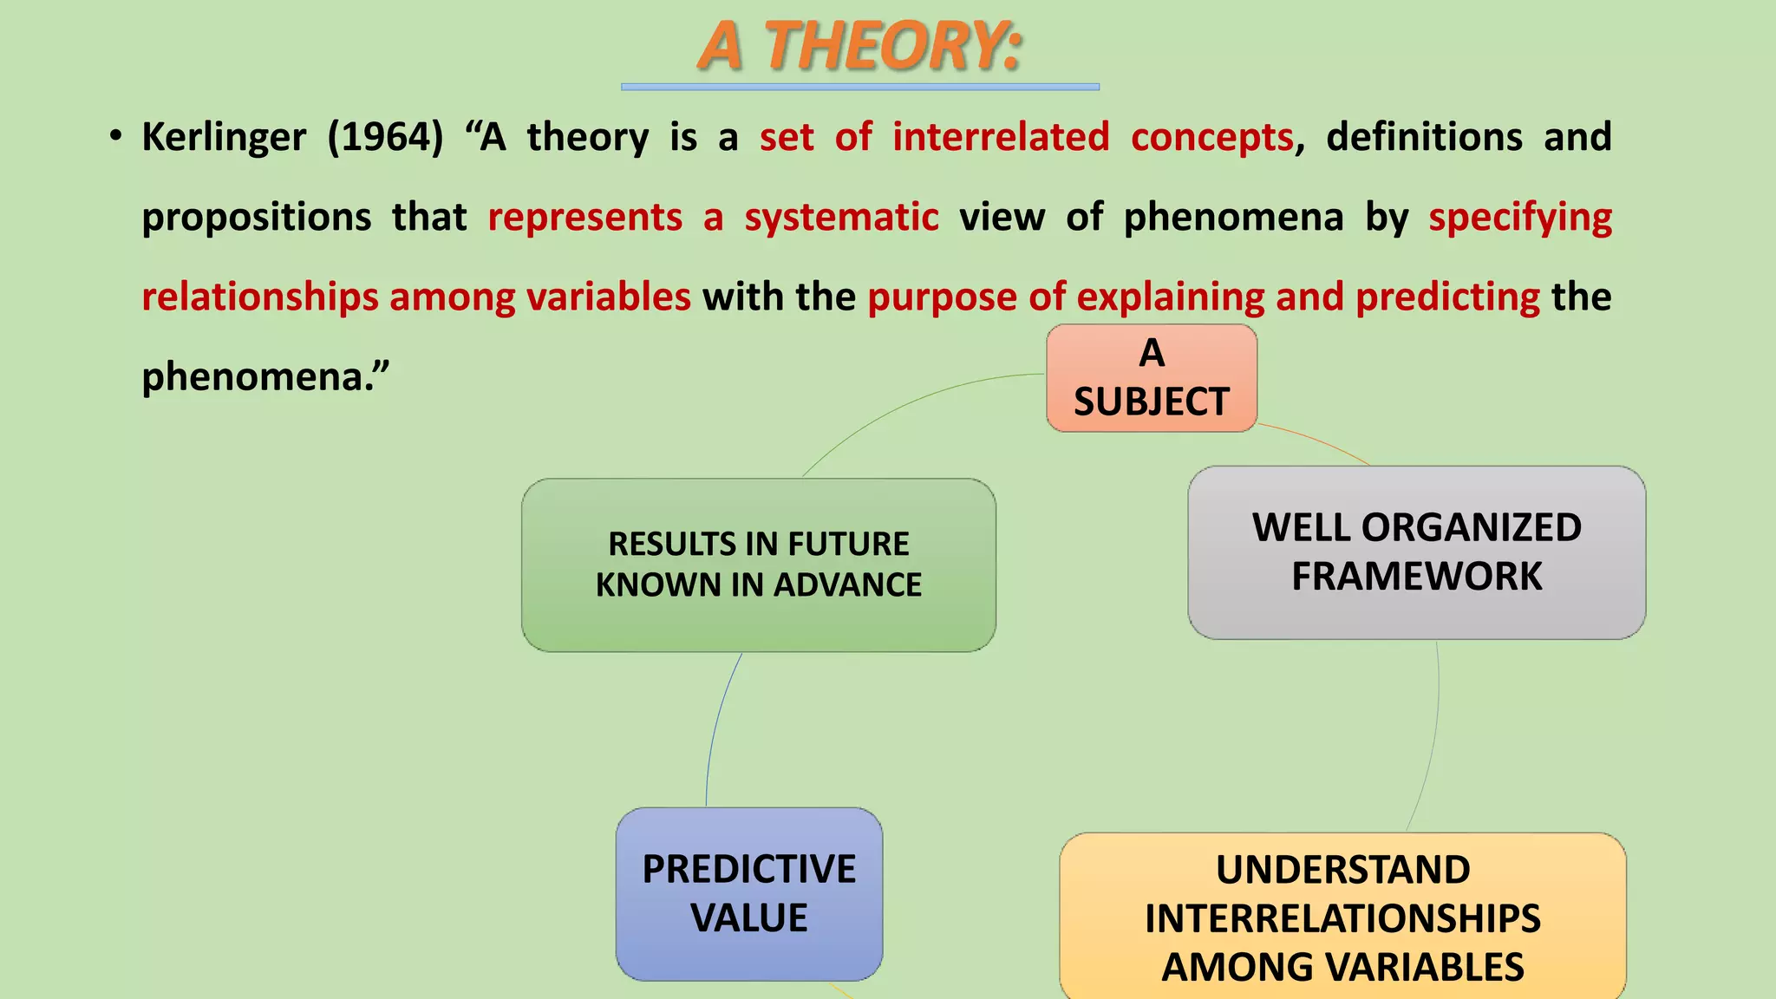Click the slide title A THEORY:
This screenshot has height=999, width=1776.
click(860, 45)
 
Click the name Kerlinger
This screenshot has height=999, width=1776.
click(224, 137)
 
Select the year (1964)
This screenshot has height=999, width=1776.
click(385, 137)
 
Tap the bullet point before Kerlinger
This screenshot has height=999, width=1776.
click(115, 136)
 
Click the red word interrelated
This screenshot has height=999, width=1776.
click(1001, 137)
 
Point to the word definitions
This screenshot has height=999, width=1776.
click(1424, 137)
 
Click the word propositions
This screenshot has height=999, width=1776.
click(256, 217)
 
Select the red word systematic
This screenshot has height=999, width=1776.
click(841, 217)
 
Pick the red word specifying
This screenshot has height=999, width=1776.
click(1520, 217)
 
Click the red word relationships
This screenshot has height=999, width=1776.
click(260, 297)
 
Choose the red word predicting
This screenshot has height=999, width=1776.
click(1447, 297)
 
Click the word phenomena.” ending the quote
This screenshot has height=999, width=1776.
click(264, 376)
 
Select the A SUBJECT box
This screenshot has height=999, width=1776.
click(1151, 378)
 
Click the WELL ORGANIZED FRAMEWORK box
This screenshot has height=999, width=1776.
click(1416, 552)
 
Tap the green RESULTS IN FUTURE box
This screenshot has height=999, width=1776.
click(758, 565)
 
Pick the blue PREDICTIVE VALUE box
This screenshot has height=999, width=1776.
click(748, 893)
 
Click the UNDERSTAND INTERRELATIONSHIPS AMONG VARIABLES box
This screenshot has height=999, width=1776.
click(1342, 917)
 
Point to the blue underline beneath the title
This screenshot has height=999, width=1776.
click(860, 87)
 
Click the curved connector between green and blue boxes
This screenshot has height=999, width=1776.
click(716, 728)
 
